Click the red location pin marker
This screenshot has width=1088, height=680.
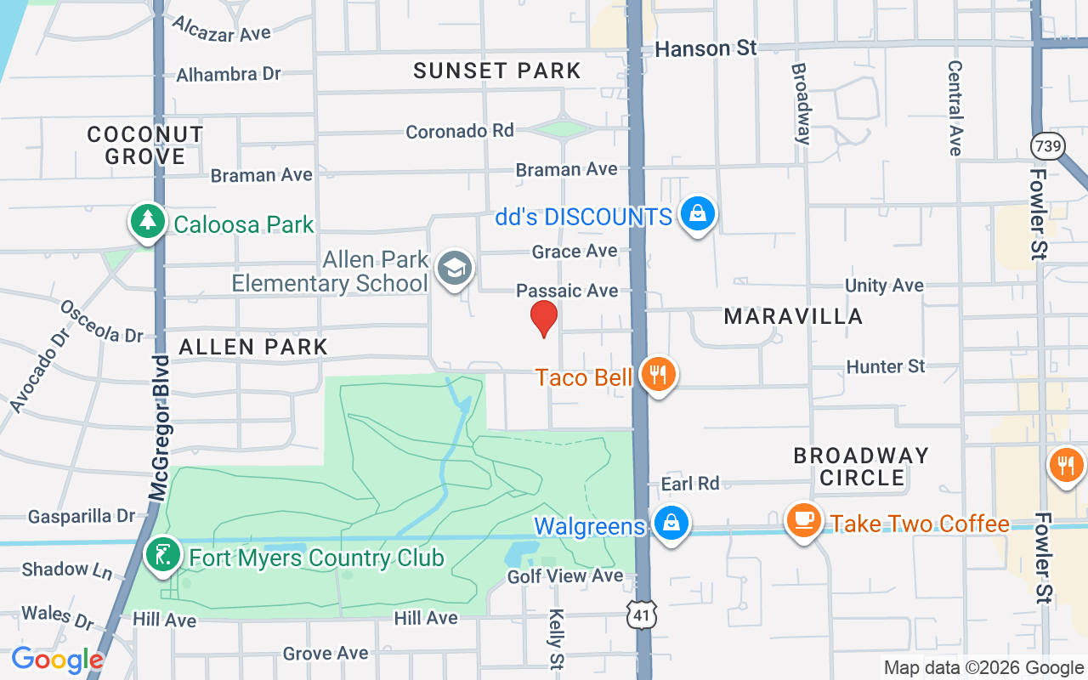pos(544,318)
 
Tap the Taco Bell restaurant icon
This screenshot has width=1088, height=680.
pos(657,374)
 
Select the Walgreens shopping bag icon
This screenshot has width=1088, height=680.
pos(671,524)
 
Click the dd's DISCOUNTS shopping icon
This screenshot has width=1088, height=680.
pos(697,214)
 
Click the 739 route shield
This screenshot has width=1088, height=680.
pos(1047,146)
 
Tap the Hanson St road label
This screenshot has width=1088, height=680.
pos(705,48)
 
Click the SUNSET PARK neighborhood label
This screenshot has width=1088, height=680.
pos(497,71)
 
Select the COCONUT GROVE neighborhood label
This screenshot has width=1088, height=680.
pos(145,145)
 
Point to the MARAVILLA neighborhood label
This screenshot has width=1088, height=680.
pos(793,317)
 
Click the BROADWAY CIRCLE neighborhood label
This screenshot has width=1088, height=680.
pos(861,467)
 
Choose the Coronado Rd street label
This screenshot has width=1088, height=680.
pos(460,131)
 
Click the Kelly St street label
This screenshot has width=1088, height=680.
pos(557,637)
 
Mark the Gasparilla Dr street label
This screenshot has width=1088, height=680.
pos(82,516)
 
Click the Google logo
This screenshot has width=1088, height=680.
pos(56,660)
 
